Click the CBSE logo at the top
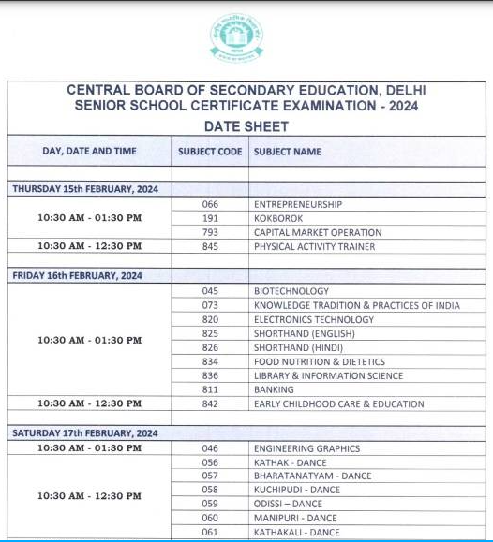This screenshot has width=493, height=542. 236,38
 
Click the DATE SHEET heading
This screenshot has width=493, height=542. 246,126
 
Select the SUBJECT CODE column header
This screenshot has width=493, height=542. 210,151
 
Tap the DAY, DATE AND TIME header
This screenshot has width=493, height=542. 89,151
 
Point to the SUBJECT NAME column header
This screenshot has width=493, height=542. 287,151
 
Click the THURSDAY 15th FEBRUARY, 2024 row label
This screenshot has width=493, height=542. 85,189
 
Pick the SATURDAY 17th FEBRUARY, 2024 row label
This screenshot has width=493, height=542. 84,433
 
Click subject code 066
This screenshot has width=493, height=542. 210,204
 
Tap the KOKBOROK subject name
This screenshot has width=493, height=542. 277,218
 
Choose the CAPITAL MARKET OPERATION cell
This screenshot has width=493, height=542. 318,232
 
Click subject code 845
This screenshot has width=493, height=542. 210,246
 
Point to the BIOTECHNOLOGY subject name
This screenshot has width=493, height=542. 291,291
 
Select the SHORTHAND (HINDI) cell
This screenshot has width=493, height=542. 300,347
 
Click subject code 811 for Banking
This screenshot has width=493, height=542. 210,389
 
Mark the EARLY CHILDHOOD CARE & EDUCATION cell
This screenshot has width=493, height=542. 338,403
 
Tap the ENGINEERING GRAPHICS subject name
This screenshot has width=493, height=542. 306,448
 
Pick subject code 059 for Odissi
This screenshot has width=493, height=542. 210,504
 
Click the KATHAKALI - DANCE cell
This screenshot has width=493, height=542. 297,532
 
